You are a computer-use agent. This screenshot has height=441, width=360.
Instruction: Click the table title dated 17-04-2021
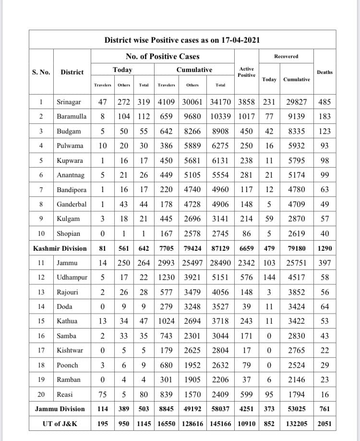[182, 40]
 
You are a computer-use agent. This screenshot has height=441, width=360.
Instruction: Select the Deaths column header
[324, 72]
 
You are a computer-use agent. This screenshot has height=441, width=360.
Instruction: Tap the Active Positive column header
[246, 72]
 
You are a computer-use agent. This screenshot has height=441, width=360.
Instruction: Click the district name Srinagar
[69, 102]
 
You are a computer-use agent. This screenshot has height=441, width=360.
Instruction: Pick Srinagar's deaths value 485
[324, 102]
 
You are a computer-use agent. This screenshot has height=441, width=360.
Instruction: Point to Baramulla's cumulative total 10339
[221, 117]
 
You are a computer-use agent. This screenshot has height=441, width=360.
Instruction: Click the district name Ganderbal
[72, 204]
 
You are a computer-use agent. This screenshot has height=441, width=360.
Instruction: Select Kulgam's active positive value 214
[246, 219]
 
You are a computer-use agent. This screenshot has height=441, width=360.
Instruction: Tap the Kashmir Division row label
[60, 248]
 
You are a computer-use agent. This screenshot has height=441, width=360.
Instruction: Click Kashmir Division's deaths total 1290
[324, 248]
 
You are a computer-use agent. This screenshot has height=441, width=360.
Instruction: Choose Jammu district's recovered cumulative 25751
[296, 263]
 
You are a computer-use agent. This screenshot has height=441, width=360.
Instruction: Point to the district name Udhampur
[71, 278]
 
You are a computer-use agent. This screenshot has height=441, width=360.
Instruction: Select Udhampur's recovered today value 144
[269, 278]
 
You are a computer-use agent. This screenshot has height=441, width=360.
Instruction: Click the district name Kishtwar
[70, 351]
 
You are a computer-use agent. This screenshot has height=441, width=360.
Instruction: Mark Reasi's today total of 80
[144, 395]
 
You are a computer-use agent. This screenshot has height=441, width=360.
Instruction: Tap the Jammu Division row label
[60, 409]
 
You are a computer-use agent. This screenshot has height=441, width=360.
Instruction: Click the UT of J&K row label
[60, 424]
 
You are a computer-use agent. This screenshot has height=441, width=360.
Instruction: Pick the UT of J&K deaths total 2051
[324, 424]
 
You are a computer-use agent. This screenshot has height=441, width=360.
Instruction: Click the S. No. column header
[41, 72]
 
